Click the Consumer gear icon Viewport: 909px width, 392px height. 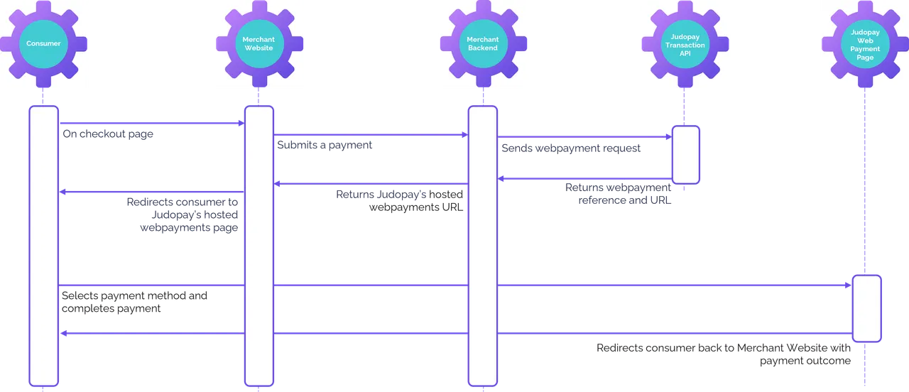pos(43,44)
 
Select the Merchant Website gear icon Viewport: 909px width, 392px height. pos(260,44)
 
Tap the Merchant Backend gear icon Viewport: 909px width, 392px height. pos(482,44)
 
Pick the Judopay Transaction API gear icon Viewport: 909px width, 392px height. pos(687,44)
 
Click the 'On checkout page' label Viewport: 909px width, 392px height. pos(107,135)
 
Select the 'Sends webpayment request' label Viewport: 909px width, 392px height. pos(571,148)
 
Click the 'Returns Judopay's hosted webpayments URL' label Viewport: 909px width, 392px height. pos(399,200)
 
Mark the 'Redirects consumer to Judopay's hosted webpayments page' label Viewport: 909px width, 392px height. pos(183,215)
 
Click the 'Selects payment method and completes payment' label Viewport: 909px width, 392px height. pos(135,303)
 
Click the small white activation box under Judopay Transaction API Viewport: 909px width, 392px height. pos(686,155)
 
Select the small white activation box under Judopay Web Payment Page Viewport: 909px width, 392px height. pos(866,308)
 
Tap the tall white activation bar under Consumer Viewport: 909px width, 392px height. pos(43,245)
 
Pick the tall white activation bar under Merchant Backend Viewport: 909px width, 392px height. pos(482,245)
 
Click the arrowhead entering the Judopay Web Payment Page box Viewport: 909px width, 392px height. pos(848,285)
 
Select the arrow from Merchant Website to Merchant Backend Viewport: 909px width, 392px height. pos(369,134)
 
